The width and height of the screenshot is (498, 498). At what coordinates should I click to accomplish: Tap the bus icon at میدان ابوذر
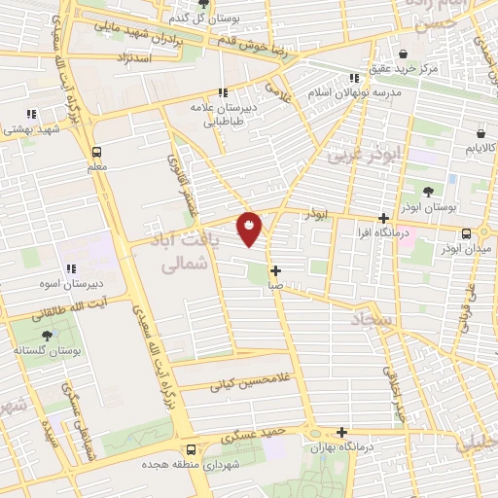click(x=468, y=233)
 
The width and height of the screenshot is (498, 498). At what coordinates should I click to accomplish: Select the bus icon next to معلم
click(x=95, y=152)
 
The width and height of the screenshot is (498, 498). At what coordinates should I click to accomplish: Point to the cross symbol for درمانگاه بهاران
click(x=341, y=433)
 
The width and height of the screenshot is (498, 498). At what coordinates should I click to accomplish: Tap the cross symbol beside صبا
click(x=276, y=270)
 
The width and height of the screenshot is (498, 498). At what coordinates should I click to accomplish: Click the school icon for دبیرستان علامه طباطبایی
click(x=224, y=92)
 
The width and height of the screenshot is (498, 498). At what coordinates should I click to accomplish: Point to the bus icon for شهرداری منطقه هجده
click(x=190, y=449)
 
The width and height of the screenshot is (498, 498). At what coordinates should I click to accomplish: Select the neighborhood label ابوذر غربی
click(x=358, y=153)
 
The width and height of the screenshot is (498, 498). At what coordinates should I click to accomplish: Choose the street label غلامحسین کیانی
click(x=248, y=385)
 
